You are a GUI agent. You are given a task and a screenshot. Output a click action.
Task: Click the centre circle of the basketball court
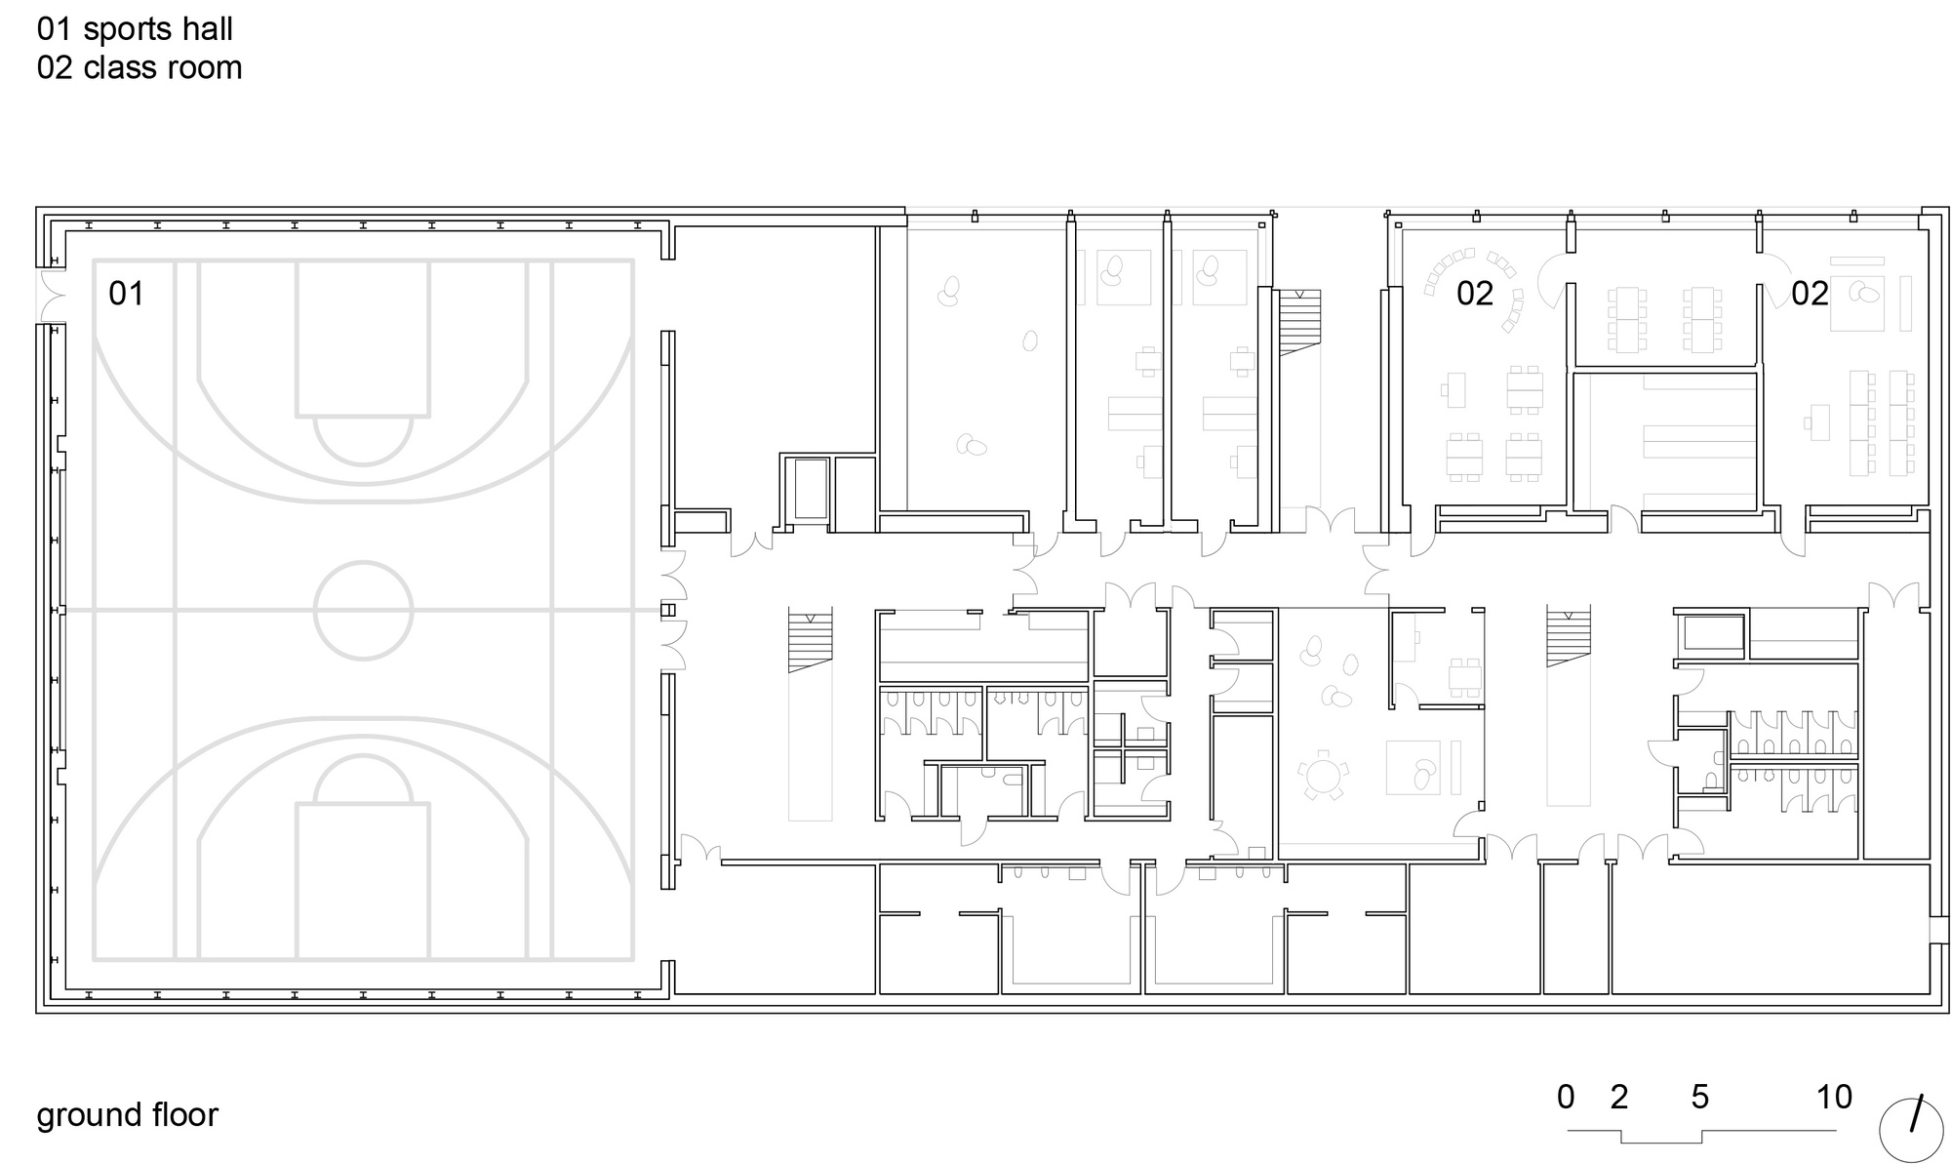coord(363,610)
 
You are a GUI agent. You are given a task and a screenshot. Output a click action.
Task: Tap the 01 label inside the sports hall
coord(126,293)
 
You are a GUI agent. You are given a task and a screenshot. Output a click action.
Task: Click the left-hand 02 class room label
coord(1474,293)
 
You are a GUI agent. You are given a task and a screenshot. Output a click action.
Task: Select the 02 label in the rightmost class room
coord(1810,293)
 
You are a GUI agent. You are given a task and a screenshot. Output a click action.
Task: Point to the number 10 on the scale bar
coord(1834,1097)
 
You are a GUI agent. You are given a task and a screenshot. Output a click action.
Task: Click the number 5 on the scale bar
coord(1699,1097)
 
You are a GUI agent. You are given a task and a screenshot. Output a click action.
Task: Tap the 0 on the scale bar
coord(1566,1097)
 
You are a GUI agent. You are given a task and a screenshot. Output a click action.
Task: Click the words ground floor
coord(127,1114)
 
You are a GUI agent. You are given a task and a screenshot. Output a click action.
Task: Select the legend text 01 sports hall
coord(135,29)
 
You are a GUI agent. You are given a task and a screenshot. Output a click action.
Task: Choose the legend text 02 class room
coord(139,67)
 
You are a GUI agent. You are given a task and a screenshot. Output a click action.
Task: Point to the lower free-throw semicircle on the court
coord(363,780)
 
